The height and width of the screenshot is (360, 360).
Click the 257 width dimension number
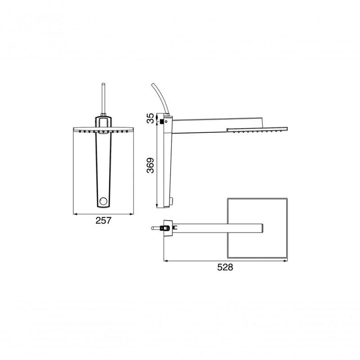(103, 220)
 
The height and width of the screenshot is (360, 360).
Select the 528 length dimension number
(225, 267)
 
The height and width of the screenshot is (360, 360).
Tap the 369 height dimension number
(151, 165)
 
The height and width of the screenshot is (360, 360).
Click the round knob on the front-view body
(103, 202)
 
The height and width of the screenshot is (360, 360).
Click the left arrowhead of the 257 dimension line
(75, 213)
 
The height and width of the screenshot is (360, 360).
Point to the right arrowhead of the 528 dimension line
(287, 260)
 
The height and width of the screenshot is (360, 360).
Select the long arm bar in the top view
(216, 228)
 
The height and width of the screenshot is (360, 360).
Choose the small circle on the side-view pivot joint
(166, 121)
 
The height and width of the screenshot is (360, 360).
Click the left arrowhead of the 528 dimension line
(165, 260)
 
